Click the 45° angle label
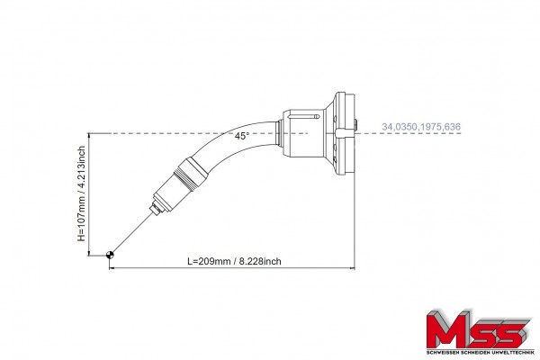242,136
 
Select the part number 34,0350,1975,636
421,127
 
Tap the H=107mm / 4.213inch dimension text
81,193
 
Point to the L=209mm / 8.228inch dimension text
234,261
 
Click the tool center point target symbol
110,255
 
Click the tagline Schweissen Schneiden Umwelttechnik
480,353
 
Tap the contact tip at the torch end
156,209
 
